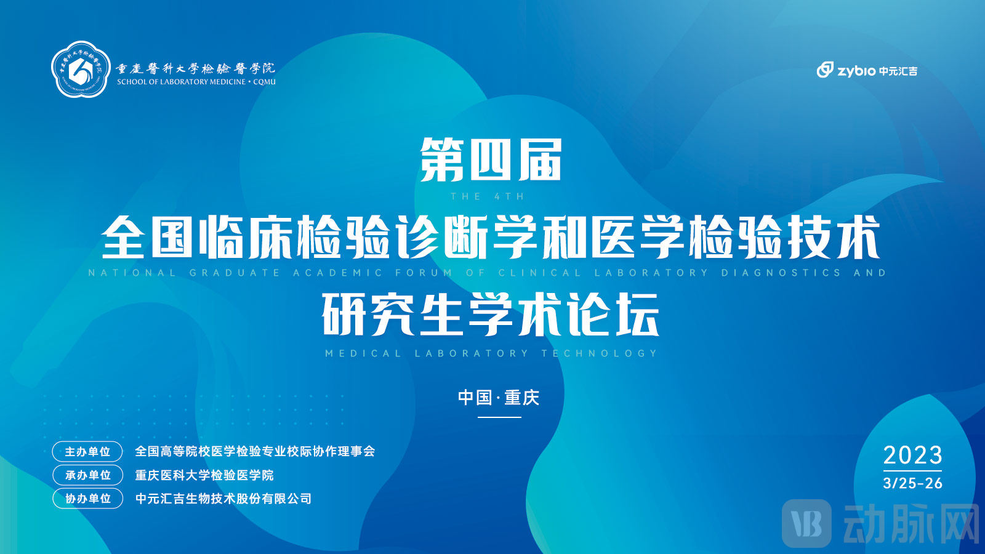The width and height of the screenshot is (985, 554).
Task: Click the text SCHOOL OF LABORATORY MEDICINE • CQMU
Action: pyautogui.click(x=196, y=82)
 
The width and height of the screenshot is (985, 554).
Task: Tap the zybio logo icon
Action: pyautogui.click(x=824, y=70)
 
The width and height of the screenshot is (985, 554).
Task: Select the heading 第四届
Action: pyautogui.click(x=491, y=159)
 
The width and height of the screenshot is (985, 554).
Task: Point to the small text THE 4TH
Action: pyautogui.click(x=487, y=197)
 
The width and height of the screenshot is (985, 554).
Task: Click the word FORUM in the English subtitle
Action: pyautogui.click(x=424, y=273)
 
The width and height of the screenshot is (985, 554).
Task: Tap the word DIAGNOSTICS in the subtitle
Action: pyautogui.click(x=781, y=273)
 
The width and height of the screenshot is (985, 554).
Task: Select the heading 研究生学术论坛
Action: pyautogui.click(x=491, y=314)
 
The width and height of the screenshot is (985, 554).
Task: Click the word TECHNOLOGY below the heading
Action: pyautogui.click(x=599, y=353)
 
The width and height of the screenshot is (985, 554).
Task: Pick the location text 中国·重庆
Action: pyautogui.click(x=499, y=398)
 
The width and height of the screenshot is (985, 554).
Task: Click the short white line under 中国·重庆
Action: pyautogui.click(x=499, y=417)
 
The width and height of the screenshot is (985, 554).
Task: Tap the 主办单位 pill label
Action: pyautogui.click(x=87, y=452)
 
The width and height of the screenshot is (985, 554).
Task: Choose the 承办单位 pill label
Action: pyautogui.click(x=87, y=475)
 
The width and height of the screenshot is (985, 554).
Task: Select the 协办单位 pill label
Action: pyautogui.click(x=87, y=499)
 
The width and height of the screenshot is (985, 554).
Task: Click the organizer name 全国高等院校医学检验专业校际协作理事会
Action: pyautogui.click(x=255, y=452)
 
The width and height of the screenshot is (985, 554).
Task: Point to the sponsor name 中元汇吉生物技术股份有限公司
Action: pyautogui.click(x=223, y=499)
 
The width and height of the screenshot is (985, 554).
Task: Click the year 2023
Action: pyautogui.click(x=912, y=456)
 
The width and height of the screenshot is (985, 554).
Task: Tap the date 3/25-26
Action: pyautogui.click(x=912, y=483)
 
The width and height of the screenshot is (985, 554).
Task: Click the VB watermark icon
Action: pyautogui.click(x=806, y=523)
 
